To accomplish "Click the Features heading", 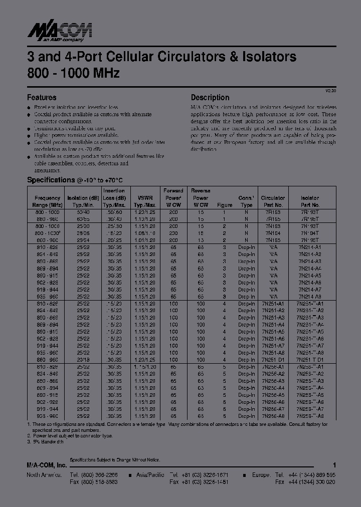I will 42,98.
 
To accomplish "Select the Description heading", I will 210,98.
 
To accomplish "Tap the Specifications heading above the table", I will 51,180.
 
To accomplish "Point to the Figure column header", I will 225,205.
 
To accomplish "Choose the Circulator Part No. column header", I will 273,201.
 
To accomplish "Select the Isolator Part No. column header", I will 310,201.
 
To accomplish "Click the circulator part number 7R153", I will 273,212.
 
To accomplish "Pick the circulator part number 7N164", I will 273,233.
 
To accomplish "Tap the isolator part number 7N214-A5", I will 310,275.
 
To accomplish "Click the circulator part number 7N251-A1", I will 273,303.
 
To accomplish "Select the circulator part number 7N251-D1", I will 273,359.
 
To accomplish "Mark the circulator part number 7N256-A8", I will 273,415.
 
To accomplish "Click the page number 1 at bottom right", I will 334,465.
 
